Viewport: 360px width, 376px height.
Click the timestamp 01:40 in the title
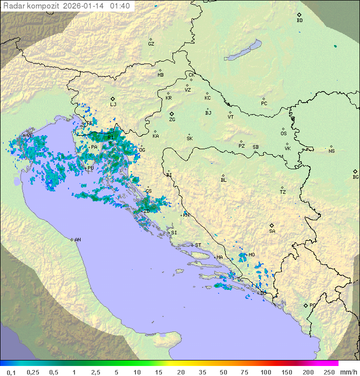point(120,6)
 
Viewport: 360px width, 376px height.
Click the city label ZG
point(172,120)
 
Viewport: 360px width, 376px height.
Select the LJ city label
point(113,105)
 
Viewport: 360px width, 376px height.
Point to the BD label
point(299,21)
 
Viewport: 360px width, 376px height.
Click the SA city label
point(272,231)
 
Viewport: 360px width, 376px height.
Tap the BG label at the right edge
point(355,177)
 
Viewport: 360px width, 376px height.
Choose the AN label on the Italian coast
point(77,240)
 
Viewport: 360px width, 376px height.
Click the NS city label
point(331,151)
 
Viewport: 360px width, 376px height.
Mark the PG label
point(312,305)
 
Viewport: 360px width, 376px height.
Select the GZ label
point(151,44)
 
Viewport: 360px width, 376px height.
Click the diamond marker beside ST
point(192,245)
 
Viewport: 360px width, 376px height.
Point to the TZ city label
point(283,192)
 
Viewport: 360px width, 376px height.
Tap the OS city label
point(283,134)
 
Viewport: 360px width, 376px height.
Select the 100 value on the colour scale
point(265,372)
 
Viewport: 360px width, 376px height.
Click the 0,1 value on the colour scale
point(11,372)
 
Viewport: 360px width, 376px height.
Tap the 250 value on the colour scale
point(329,372)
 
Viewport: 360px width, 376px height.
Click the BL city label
point(223,180)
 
